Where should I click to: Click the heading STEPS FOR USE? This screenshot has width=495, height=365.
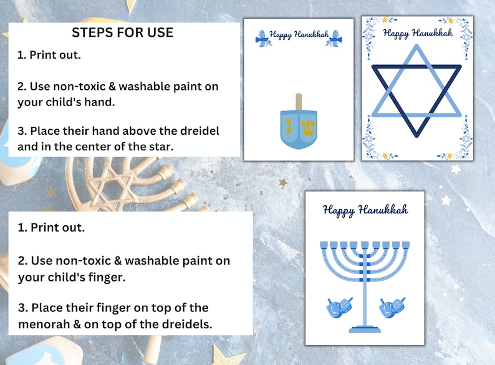[122, 32]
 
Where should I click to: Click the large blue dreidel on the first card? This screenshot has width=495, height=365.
[298, 127]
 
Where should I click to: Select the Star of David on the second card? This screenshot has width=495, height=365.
[416, 92]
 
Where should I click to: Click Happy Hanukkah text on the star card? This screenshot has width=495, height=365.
[418, 33]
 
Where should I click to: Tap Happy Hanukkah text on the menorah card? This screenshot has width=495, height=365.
[365, 210]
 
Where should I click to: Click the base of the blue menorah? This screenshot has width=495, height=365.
[365, 328]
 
